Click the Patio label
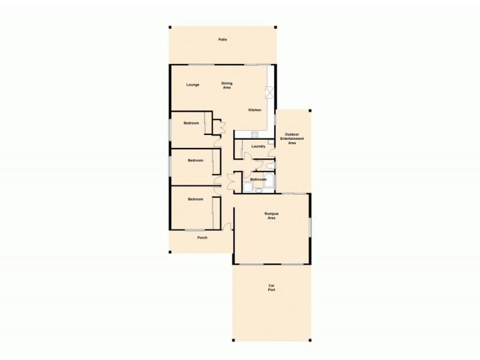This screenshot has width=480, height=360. pos(223,40)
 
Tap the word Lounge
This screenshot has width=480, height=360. pos(193,84)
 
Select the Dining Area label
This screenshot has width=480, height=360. pos(227,85)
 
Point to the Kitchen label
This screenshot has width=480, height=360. pos(255,110)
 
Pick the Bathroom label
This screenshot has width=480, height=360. pos(259,179)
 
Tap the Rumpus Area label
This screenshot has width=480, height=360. pos(272,215)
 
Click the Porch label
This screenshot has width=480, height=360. pos(202,238)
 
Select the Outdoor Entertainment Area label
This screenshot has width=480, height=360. pos(292,139)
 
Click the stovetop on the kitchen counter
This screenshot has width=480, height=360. pos(254,133)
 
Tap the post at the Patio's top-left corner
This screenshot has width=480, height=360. pos(170,27)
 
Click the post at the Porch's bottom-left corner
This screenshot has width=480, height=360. pos(170,252)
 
